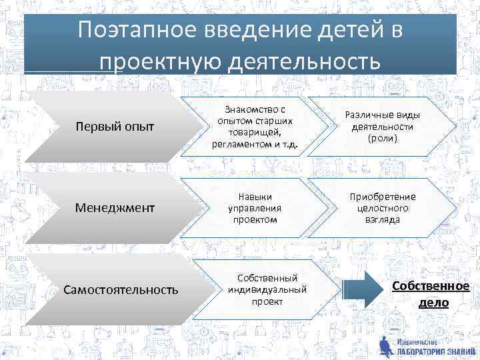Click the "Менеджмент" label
(x=115, y=208)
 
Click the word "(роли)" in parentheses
(x=382, y=139)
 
